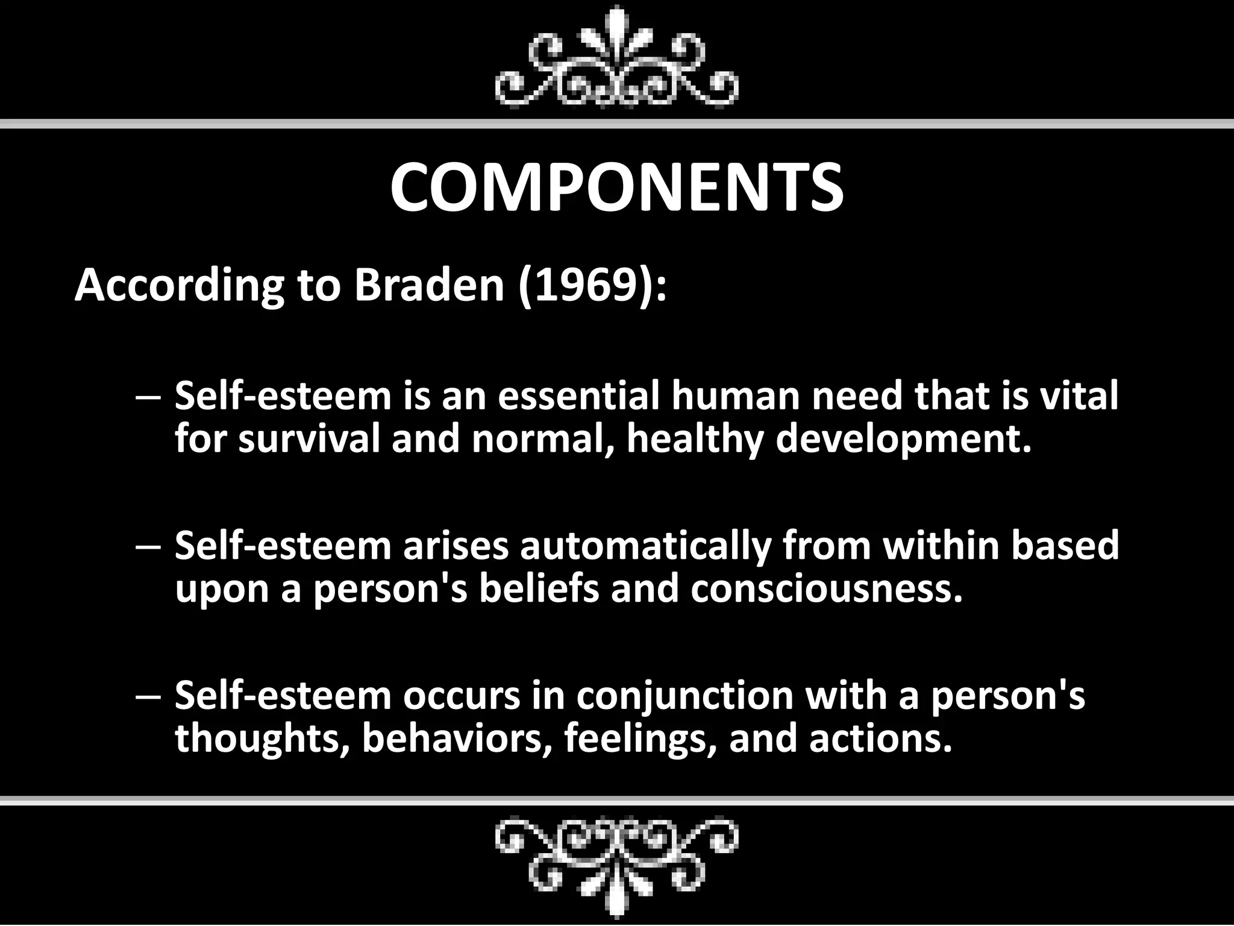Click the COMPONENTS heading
(616, 187)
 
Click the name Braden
(428, 285)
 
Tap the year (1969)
(592, 285)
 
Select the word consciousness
(826, 588)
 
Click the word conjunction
(684, 696)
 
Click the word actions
(880, 739)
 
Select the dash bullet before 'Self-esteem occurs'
(148, 697)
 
